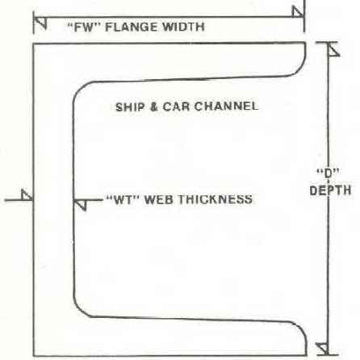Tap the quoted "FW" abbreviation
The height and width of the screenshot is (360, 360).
pyautogui.click(x=84, y=27)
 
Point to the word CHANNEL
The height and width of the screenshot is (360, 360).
pyautogui.click(x=226, y=106)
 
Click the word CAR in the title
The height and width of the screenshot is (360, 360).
pyautogui.click(x=176, y=107)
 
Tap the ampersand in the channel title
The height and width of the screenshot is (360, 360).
pyautogui.click(x=154, y=107)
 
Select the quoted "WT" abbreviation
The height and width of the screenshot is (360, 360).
pyautogui.click(x=123, y=200)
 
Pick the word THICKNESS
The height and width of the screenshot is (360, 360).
pyautogui.click(x=216, y=199)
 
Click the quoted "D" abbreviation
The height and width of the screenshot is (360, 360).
pyautogui.click(x=328, y=174)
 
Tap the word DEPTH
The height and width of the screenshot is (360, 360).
pyautogui.click(x=330, y=190)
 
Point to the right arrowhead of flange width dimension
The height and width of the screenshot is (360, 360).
pyautogui.click(x=298, y=11)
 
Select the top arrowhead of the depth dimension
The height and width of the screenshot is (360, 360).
pyautogui.click(x=333, y=49)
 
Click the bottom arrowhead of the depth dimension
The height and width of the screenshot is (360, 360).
pyautogui.click(x=323, y=349)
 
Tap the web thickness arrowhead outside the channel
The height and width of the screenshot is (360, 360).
pyautogui.click(x=27, y=195)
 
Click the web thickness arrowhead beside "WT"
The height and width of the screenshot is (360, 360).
pyautogui.click(x=80, y=205)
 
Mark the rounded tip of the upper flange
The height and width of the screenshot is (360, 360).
pyautogui.click(x=306, y=54)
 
